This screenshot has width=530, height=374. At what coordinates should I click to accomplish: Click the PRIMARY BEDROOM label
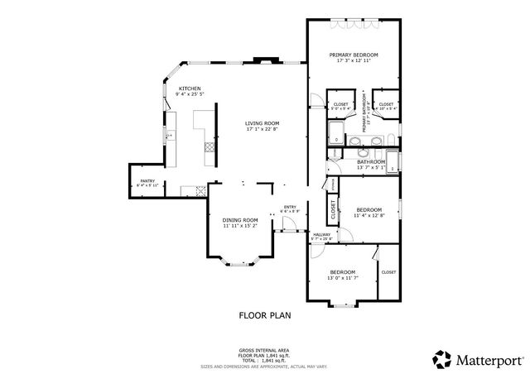coord(353,55)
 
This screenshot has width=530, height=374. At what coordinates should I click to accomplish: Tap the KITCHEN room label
coord(190,88)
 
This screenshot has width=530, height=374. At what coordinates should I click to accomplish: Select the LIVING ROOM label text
coord(262,124)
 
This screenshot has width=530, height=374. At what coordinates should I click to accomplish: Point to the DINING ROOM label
coord(239,219)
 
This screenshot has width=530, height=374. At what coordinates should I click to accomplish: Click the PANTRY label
coord(147,181)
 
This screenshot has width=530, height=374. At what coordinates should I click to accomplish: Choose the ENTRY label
coord(290,207)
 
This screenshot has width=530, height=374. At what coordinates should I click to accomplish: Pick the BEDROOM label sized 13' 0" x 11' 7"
coord(342,272)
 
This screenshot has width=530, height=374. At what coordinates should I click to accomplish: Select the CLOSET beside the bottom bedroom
coord(388,271)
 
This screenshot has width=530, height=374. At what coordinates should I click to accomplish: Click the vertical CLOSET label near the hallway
coord(333,211)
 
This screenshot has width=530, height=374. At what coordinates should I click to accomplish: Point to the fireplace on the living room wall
coord(265,59)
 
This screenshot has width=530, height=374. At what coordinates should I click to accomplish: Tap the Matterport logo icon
coord(441,358)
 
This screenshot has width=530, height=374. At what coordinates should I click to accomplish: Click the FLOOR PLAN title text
coord(264,314)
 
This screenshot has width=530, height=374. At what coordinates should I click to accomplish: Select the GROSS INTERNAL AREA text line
coord(264,351)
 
